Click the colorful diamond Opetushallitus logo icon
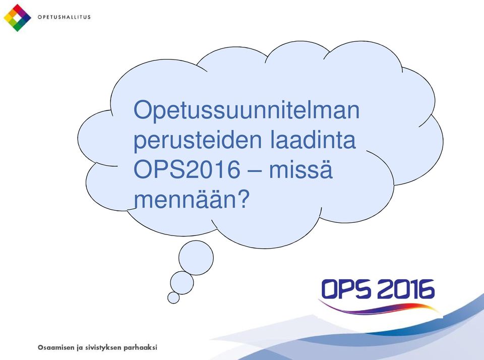click(x=17, y=18)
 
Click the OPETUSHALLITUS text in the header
click(x=64, y=17)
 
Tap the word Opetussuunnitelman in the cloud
click(x=247, y=111)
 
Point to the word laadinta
click(x=313, y=139)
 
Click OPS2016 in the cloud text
click(x=187, y=169)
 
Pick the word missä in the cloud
click(x=301, y=169)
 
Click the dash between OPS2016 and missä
click(x=255, y=171)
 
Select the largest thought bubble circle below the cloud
click(x=196, y=258)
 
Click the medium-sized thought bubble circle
click(x=182, y=282)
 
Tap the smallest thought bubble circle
click(x=173, y=297)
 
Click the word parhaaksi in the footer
click(x=141, y=348)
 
